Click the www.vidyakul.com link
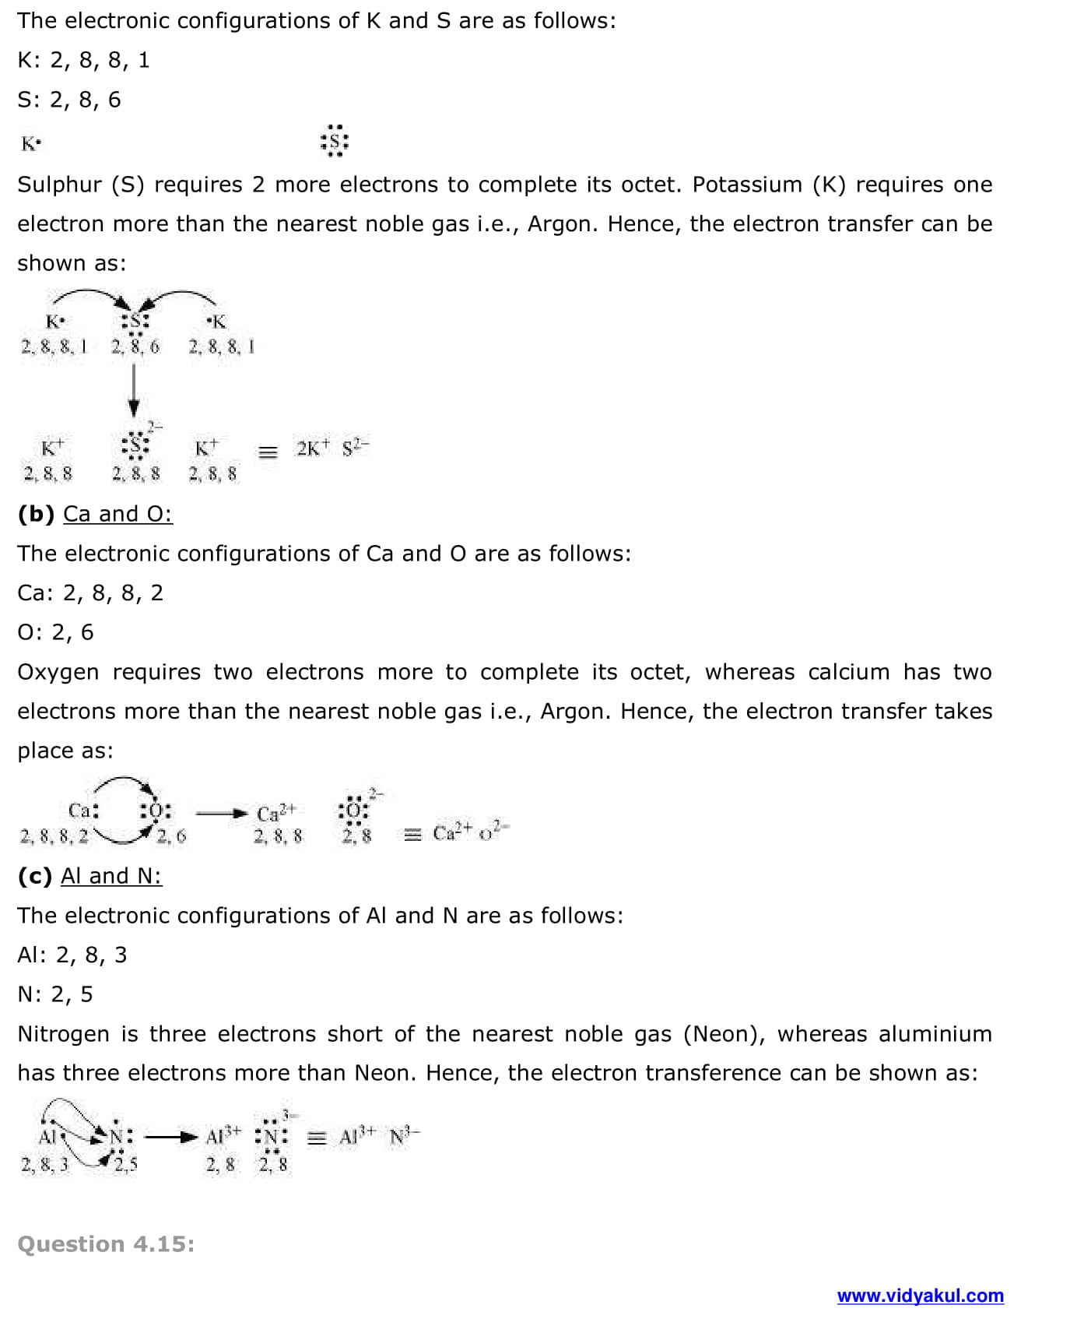point(920,1296)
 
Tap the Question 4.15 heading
point(106,1244)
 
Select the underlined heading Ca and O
point(118,514)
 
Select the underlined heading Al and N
point(111,876)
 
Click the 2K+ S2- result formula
point(332,448)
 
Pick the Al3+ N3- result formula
point(380,1136)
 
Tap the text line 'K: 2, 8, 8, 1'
point(83,60)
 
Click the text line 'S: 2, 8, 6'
point(69,100)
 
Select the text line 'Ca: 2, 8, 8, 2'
point(90,593)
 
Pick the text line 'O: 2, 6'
point(55,632)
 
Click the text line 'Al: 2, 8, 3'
point(72,955)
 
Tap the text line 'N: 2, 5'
point(55,994)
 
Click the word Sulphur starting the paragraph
point(58,185)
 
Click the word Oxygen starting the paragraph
point(58,672)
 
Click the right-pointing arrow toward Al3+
point(171,1137)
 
